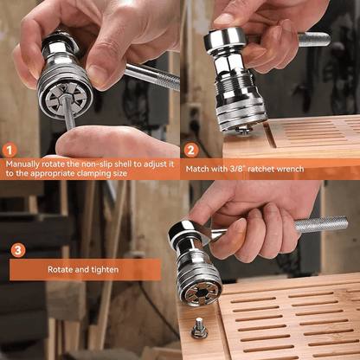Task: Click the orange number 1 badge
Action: click(x=11, y=150)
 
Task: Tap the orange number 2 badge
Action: click(x=191, y=150)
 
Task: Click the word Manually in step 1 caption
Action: click(x=26, y=162)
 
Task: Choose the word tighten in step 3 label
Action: click(x=103, y=270)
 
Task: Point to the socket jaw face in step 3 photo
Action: click(x=202, y=287)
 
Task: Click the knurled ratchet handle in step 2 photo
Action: click(x=313, y=39)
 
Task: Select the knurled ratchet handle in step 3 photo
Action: click(x=321, y=226)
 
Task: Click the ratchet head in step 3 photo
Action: click(x=186, y=232)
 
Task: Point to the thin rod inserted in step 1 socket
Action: click(x=67, y=112)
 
